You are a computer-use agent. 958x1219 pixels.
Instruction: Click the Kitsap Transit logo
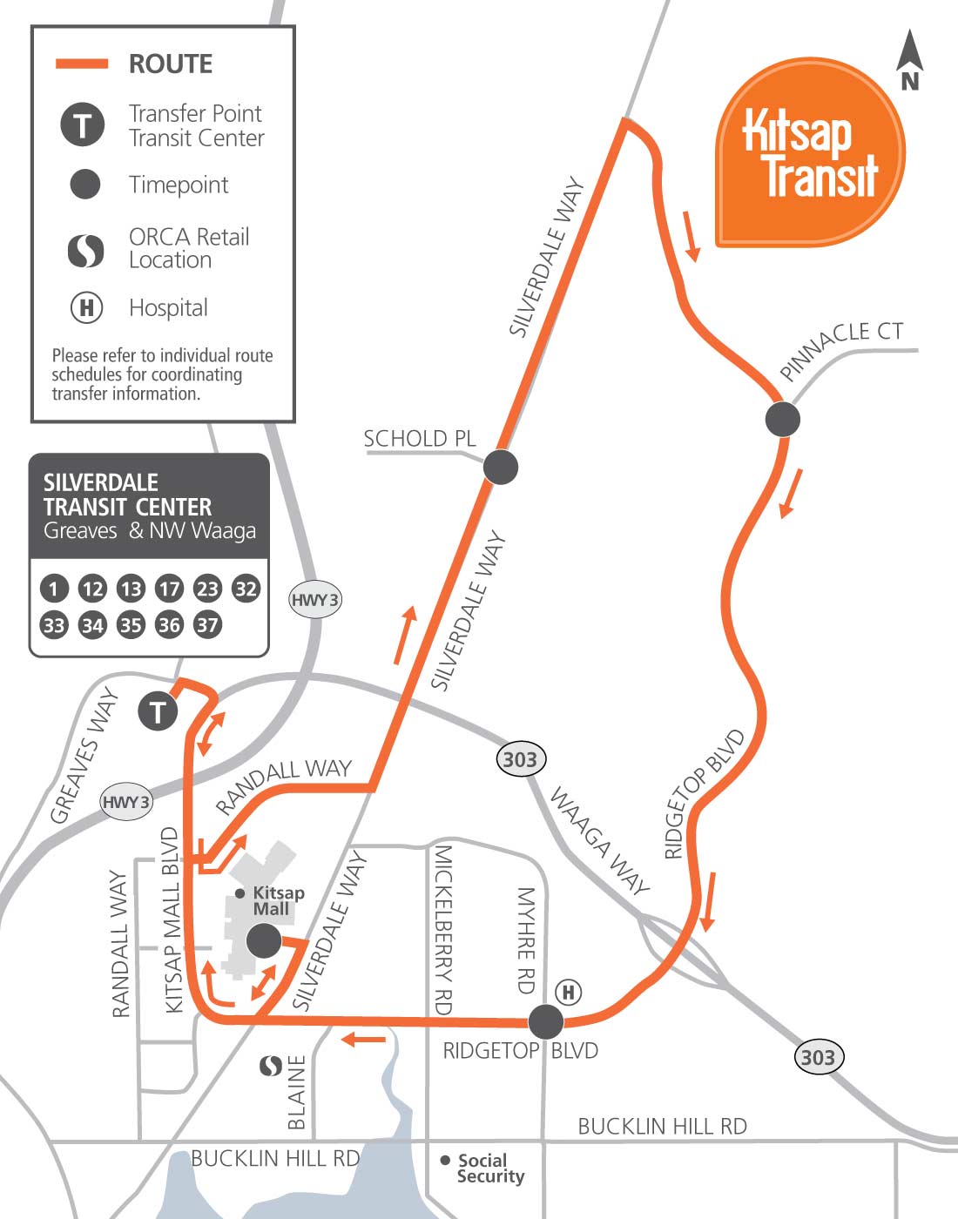pos(810,153)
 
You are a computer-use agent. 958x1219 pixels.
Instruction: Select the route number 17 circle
pos(169,589)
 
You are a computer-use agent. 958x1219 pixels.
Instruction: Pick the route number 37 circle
pos(207,624)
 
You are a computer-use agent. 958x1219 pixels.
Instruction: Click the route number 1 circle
pos(54,589)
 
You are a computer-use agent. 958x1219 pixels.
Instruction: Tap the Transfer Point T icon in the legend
pos(83,125)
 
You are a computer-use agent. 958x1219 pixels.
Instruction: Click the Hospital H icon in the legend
pos(86,307)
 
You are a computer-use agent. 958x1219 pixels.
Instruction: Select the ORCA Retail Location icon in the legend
pos(85,250)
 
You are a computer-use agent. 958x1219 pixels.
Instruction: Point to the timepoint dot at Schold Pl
pos(501,467)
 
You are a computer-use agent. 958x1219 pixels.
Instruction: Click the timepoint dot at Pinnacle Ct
pos(782,419)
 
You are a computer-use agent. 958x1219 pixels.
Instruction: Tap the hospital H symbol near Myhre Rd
pos(568,992)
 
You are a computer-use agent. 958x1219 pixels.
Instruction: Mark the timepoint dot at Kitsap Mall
pos(264,940)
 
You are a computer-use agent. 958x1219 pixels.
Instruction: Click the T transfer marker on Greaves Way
pos(158,712)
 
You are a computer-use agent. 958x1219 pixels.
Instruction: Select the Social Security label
pos(490,1168)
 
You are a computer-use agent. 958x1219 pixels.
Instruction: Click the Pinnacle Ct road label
pos(840,348)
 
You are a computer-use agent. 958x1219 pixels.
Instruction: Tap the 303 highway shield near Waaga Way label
pos(520,759)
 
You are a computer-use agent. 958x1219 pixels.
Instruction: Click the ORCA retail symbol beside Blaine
pos(272,1065)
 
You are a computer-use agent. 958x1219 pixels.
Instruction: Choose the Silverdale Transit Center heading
pos(127,495)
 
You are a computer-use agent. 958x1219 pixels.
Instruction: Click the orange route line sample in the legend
pos(82,64)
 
